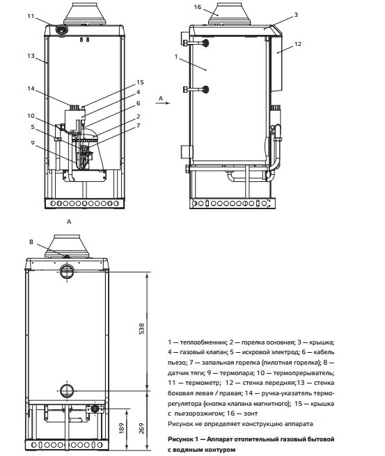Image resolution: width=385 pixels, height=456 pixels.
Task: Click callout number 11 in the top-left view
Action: click(31, 16)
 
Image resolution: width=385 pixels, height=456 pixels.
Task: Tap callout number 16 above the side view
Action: click(198, 7)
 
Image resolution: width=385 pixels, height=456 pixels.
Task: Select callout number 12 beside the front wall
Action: click(298, 44)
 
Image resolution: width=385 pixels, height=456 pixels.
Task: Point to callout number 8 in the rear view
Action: click(31, 242)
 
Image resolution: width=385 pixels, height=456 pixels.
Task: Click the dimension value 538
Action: click(142, 328)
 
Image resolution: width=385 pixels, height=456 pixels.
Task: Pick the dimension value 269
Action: click(142, 428)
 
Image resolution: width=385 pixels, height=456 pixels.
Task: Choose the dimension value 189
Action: click(122, 428)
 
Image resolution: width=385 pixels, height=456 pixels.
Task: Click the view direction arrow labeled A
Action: click(163, 103)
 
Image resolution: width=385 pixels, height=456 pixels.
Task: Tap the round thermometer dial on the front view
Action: click(61, 30)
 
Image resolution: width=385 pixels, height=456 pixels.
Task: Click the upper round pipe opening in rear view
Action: click(67, 272)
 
